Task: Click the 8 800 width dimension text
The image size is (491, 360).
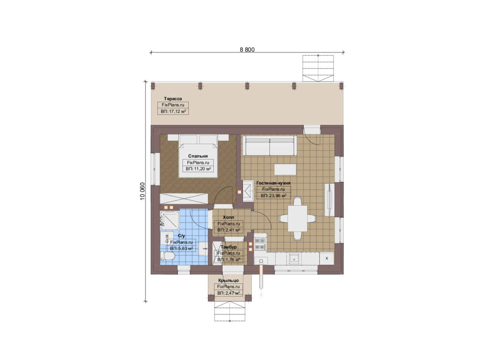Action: (247, 50)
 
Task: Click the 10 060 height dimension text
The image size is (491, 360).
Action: (143, 191)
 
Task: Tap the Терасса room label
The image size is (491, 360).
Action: (173, 99)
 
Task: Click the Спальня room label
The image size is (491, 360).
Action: (198, 156)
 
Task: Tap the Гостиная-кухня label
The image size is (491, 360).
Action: (273, 183)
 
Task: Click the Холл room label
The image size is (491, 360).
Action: (229, 217)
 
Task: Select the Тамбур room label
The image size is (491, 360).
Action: (229, 247)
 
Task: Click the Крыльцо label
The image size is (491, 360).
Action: (229, 280)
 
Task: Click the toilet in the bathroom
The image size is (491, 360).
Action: (168, 256)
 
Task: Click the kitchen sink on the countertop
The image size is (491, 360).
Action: (294, 259)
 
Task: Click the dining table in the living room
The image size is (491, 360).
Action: (297, 218)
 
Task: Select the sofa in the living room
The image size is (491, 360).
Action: (269, 146)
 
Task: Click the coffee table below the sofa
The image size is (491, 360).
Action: (285, 169)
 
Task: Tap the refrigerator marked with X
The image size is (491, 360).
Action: (326, 258)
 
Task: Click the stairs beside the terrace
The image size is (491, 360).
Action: (318, 68)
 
